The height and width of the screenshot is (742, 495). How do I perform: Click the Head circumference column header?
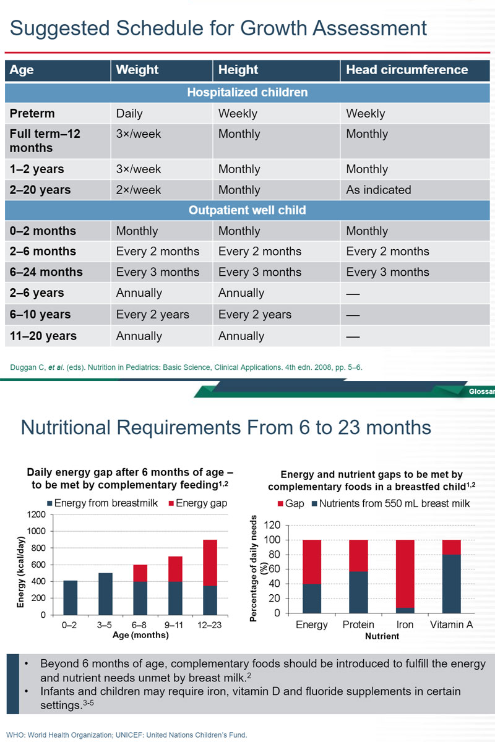pos(407,70)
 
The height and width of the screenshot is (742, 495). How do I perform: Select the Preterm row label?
pos(32,114)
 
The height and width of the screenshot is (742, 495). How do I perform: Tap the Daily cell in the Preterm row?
pos(129,114)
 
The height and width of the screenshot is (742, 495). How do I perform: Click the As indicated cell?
pos(379,190)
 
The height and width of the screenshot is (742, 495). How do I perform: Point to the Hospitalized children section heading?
pos(247,92)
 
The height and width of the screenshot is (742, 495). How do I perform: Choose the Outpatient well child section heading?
pos(247,210)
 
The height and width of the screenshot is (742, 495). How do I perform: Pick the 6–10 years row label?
pos(40,314)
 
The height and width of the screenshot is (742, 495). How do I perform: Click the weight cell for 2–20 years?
pos(139,190)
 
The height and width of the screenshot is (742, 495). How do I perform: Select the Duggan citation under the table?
pos(186,367)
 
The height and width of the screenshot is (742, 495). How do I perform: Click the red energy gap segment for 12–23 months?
pos(210,563)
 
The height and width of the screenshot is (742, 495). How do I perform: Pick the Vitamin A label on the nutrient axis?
pos(451,625)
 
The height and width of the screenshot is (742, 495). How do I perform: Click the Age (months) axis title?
pos(141,635)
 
